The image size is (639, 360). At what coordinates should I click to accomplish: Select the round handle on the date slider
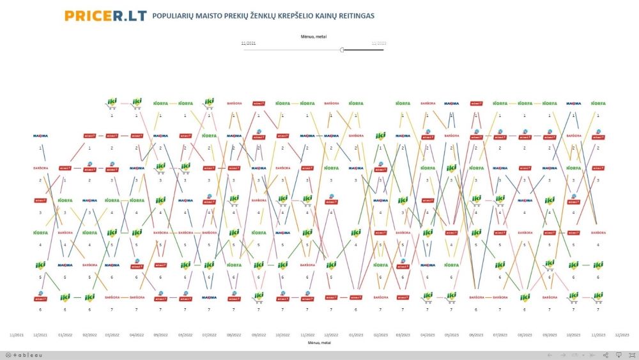pyautogui.click(x=343, y=49)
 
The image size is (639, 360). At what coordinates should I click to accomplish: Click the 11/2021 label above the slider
pyautogui.click(x=249, y=43)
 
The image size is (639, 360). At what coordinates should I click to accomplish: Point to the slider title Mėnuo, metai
pyautogui.click(x=313, y=36)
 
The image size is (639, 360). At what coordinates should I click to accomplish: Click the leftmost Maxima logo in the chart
pyautogui.click(x=40, y=136)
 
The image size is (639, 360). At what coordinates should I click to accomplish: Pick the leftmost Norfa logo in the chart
pyautogui.click(x=40, y=232)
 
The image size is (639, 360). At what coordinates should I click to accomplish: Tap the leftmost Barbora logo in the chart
pyautogui.click(x=40, y=168)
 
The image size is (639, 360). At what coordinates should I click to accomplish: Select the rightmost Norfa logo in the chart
pyautogui.click(x=598, y=103)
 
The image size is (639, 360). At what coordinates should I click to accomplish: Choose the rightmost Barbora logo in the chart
pyautogui.click(x=598, y=233)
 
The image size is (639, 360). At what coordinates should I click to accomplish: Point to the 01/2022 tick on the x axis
pyautogui.click(x=65, y=334)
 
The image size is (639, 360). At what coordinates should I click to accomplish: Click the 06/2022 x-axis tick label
pyautogui.click(x=185, y=334)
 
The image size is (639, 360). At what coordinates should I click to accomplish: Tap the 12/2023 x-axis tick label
pyautogui.click(x=622, y=334)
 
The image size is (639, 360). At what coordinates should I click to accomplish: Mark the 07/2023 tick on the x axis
pyautogui.click(x=500, y=334)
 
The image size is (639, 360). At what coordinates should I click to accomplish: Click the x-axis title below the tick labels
pyautogui.click(x=318, y=343)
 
